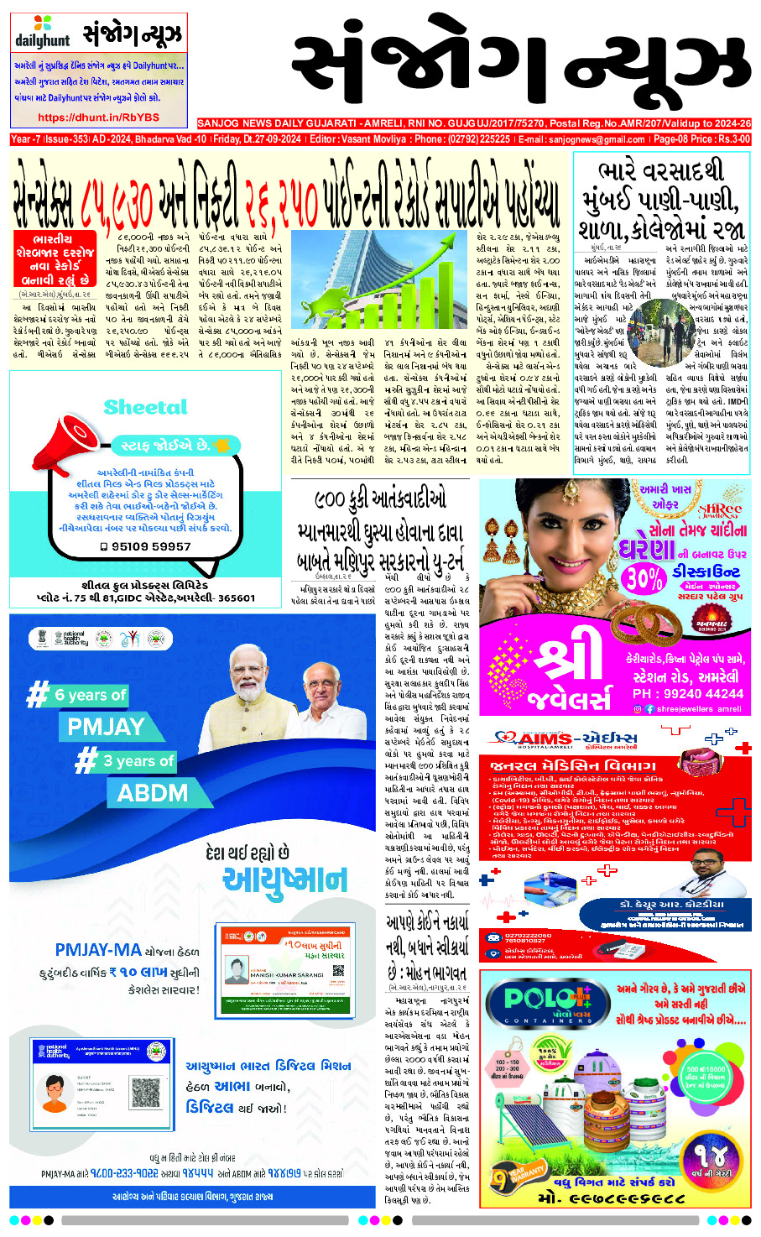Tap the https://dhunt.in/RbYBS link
click(x=98, y=117)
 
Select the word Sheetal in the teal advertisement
click(x=145, y=408)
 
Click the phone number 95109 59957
click(x=151, y=545)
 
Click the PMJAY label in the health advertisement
click(x=107, y=726)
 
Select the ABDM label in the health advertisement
click(x=152, y=793)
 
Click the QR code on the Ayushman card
click(x=338, y=972)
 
